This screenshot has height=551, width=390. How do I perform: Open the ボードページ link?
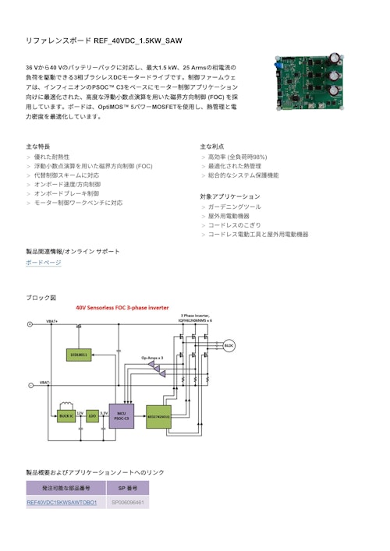(44, 263)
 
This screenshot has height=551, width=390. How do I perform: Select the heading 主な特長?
(38, 147)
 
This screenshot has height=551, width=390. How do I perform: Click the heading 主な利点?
(212, 147)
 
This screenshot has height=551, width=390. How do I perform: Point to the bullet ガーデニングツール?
(235, 207)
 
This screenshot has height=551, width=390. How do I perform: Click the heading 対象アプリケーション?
(230, 196)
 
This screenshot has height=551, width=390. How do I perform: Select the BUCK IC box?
(66, 415)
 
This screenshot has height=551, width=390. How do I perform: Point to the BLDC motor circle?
(229, 345)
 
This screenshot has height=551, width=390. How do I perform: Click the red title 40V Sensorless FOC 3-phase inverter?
(122, 308)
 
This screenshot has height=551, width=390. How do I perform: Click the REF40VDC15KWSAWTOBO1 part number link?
(62, 503)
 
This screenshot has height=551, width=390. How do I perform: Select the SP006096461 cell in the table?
(127, 503)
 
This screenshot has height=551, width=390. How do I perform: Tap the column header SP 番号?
(127, 487)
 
